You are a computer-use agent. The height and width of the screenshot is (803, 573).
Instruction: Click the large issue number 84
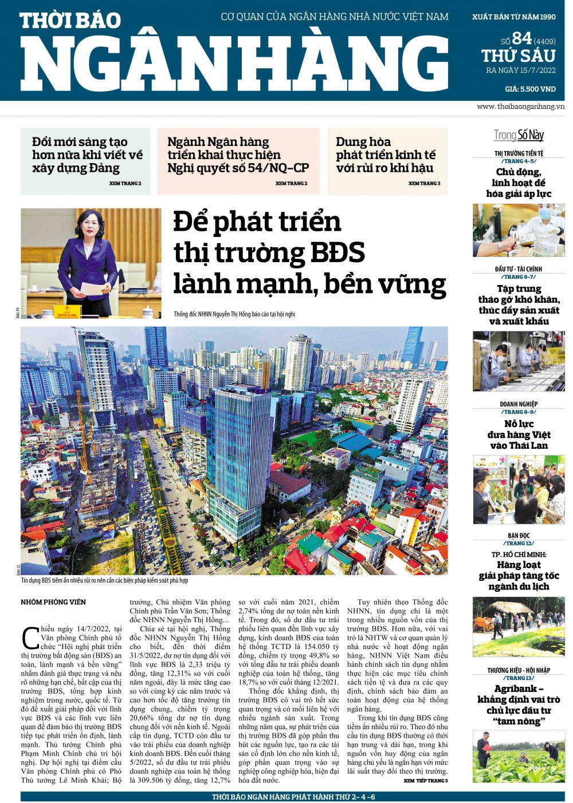coord(521,38)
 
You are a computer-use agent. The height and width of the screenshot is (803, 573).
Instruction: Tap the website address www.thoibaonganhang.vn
coord(520,106)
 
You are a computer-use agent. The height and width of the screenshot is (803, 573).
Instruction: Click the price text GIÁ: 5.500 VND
coord(530,89)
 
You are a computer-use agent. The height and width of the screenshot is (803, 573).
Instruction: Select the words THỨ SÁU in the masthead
coord(518,56)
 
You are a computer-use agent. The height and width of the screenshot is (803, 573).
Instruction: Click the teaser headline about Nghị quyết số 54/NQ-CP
coord(238,155)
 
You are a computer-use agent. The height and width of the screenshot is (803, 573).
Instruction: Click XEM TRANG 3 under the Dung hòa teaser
coord(424,184)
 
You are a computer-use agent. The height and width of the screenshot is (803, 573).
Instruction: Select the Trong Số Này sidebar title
coord(519,135)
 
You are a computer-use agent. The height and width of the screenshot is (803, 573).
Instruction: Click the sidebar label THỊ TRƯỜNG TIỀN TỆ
coord(519,153)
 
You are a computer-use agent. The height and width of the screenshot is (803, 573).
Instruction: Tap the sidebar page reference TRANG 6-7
coord(519,277)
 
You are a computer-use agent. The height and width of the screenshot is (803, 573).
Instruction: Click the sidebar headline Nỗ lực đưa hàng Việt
coord(519,434)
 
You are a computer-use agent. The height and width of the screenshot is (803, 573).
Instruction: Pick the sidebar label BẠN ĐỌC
coord(519,536)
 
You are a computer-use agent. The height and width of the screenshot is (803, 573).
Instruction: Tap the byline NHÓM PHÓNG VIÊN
coord(53,602)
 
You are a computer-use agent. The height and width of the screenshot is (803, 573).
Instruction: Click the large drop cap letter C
coord(30,638)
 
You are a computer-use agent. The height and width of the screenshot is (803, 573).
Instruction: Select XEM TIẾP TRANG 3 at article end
coord(425,781)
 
